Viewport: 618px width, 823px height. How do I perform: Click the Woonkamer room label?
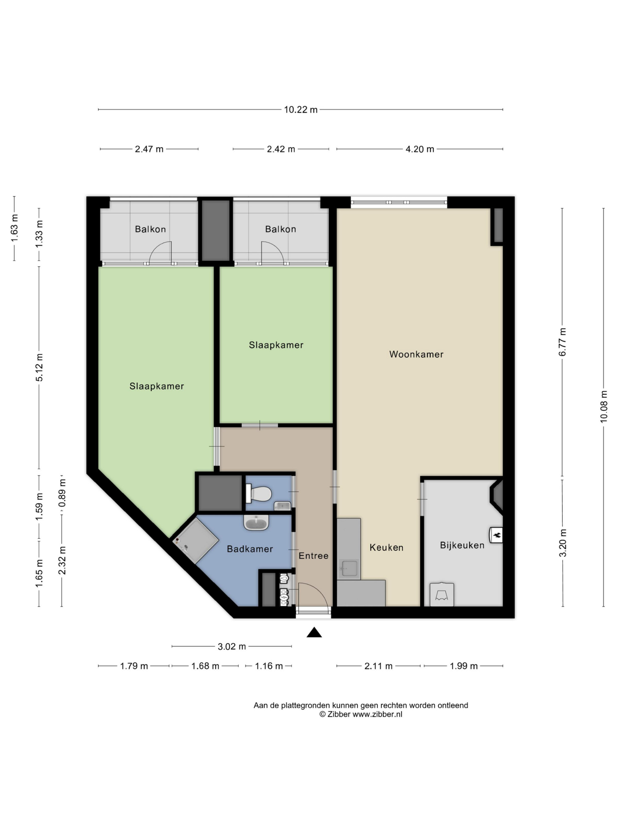[416, 354]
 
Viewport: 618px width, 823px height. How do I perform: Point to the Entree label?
[313, 555]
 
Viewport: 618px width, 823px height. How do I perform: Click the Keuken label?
[386, 547]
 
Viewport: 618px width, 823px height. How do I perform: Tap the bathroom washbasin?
[256, 522]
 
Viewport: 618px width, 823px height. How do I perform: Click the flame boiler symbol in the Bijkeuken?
[496, 535]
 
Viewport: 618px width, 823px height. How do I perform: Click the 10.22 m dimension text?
[301, 110]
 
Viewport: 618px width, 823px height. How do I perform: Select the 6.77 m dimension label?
[562, 342]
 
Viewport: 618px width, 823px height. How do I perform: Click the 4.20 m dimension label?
[420, 149]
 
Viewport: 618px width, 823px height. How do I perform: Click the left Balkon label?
[150, 229]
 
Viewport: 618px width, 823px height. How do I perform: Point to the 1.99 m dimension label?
[463, 666]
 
